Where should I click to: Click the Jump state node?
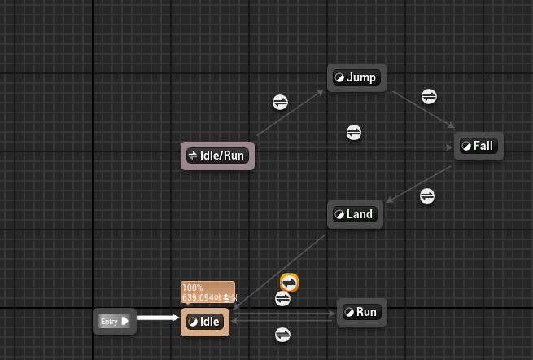click(x=356, y=78)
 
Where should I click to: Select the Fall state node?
click(x=478, y=147)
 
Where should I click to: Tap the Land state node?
click(x=355, y=215)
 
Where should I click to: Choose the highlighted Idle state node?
click(x=205, y=323)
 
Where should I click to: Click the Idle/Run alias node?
click(x=217, y=156)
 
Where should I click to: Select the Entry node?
click(x=114, y=322)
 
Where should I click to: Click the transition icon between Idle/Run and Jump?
click(x=280, y=102)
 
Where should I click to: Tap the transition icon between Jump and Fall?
click(x=430, y=96)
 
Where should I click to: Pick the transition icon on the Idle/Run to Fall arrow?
click(x=354, y=132)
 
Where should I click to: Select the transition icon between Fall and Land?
click(x=427, y=196)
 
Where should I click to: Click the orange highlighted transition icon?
click(x=289, y=282)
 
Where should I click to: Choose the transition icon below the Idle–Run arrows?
click(x=282, y=334)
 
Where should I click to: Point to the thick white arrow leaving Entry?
click(x=157, y=318)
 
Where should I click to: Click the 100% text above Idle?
click(x=193, y=288)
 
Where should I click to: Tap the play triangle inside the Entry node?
click(x=125, y=322)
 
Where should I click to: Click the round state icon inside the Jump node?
click(x=339, y=78)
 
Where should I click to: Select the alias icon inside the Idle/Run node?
click(x=193, y=156)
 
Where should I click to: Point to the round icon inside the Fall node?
click(x=466, y=147)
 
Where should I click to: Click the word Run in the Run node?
click(x=366, y=312)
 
